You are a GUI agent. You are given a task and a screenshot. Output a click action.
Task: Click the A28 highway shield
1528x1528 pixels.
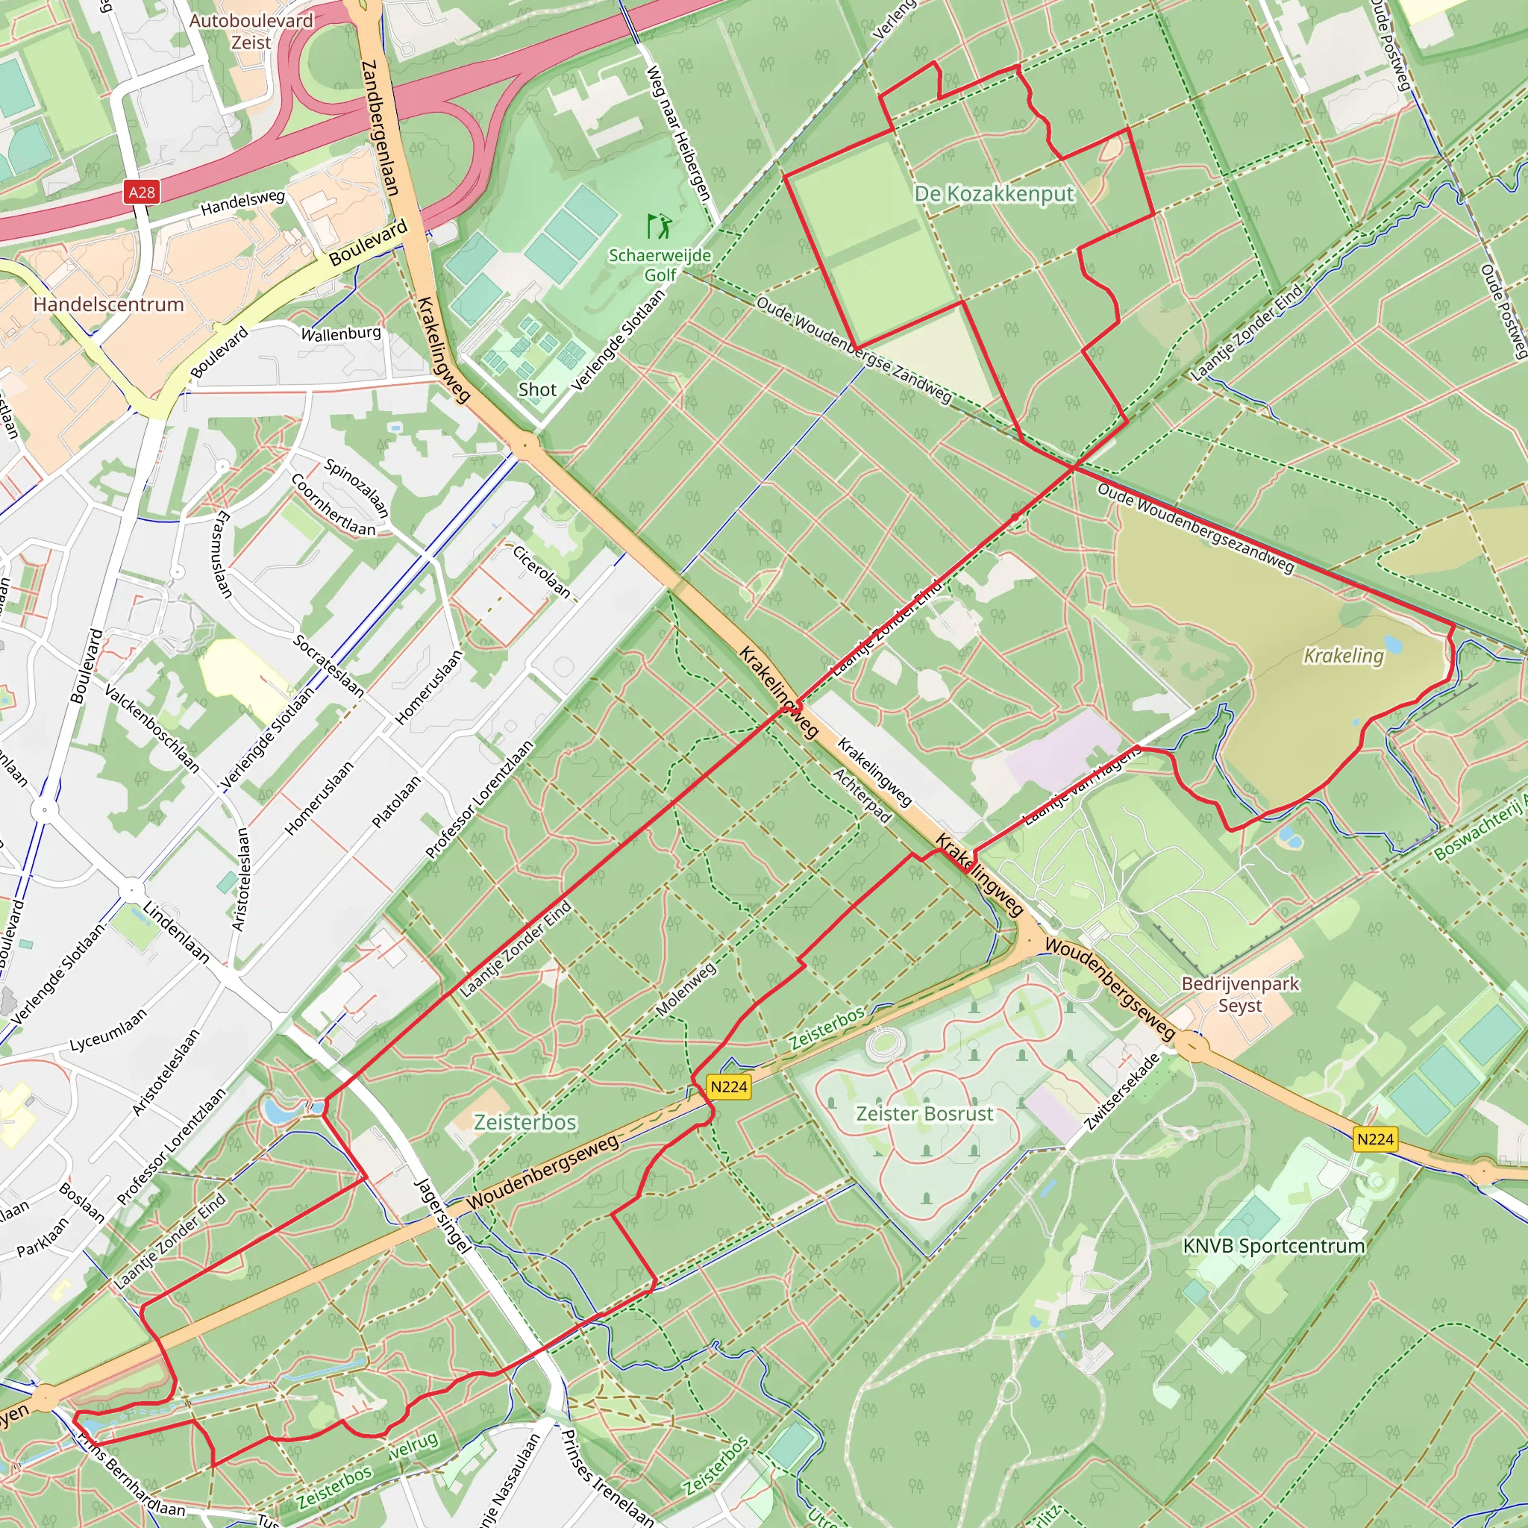pos(142,192)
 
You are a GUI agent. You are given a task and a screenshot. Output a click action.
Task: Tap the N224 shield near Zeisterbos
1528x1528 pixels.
pos(728,1086)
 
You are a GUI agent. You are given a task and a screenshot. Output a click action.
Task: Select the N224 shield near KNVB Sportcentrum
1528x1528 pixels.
pos(1374,1139)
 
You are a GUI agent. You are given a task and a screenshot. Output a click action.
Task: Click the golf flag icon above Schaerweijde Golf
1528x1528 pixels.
pos(659,226)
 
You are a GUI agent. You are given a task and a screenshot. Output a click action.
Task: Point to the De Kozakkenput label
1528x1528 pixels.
pos(994,194)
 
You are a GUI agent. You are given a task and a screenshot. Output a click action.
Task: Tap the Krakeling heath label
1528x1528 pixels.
pos(1343,656)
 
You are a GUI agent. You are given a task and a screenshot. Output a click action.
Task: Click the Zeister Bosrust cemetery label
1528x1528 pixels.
pos(924,1114)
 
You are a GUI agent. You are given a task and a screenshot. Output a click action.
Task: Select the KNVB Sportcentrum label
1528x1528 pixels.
pos(1274,1246)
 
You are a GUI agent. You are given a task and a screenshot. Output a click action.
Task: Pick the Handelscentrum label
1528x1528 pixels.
pos(108,304)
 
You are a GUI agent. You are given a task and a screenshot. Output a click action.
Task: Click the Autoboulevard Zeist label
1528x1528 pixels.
pos(251,31)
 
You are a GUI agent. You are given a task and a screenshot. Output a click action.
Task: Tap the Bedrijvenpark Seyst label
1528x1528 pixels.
pos(1240,994)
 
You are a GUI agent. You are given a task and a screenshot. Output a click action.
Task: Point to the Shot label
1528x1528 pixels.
pos(537,389)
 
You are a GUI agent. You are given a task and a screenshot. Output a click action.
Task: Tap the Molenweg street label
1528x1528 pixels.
pos(686,989)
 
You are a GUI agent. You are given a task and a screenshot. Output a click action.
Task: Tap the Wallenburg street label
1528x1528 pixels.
pos(341,334)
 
